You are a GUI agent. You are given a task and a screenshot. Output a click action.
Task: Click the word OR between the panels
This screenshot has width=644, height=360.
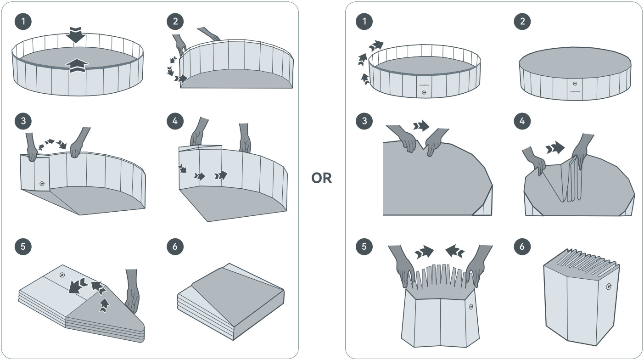pos(321,178)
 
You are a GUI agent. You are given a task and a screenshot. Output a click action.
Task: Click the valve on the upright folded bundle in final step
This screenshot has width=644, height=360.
pos(609,287)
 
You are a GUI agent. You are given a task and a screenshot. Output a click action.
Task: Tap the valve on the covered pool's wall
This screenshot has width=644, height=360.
pos(575,84)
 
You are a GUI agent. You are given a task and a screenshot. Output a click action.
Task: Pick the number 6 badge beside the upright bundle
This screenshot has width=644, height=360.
pos(522,247)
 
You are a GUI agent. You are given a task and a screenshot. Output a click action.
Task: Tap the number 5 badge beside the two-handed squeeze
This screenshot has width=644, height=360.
pos(364,247)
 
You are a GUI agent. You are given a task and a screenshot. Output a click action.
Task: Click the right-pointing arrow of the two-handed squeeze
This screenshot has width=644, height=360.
pos(425,251)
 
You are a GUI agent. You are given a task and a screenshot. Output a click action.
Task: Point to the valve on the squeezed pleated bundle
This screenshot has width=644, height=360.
pos(470,307)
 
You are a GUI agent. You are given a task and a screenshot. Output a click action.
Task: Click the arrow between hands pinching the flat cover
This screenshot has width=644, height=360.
pos(420,126)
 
